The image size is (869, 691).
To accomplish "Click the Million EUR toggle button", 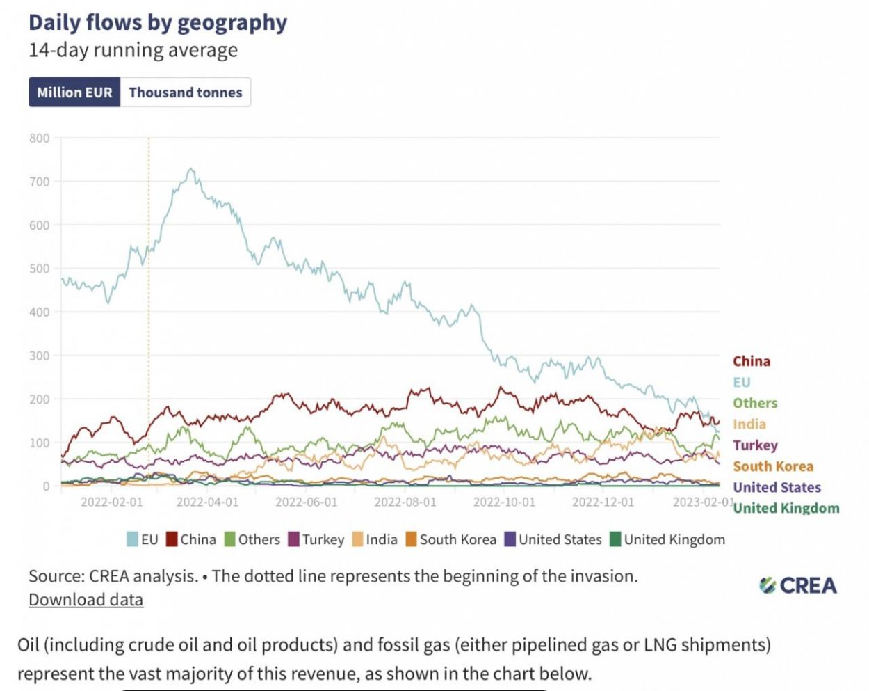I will (74, 93).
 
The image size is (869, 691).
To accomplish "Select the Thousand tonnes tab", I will (185, 93).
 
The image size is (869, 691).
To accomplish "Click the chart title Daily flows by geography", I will (158, 22).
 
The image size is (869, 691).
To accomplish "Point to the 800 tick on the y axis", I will (40, 138).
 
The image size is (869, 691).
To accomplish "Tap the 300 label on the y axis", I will (40, 356).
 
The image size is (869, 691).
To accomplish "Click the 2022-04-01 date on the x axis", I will (207, 502).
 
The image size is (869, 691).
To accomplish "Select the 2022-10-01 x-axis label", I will (504, 502).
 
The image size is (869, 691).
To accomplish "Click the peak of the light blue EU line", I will (190, 168).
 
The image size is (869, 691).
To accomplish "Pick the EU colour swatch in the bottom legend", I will (132, 539).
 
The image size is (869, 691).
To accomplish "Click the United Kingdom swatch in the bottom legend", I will (615, 539).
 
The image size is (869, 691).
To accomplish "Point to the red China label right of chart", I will (752, 361).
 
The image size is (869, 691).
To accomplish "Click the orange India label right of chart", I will (749, 424).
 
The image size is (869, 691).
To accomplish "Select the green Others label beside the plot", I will (755, 404).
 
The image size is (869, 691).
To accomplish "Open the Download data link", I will (86, 600).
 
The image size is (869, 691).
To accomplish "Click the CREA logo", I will (798, 585).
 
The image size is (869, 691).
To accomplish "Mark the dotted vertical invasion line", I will (149, 313).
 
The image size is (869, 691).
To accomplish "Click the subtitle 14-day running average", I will (133, 50).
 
